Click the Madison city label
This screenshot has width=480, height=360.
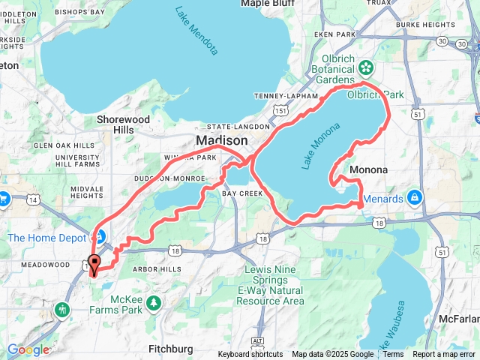tap(221, 141)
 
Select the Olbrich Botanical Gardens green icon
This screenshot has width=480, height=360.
tap(366, 67)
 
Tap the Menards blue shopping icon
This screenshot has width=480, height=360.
tap(414, 199)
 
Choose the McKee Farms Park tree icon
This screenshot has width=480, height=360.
tap(154, 302)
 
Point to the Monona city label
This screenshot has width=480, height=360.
tap(369, 170)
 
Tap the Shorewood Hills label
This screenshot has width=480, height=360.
tap(123, 124)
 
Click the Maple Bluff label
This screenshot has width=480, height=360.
tap(265, 4)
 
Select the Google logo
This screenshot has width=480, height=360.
tap(28, 349)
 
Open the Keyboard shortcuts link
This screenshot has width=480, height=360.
tap(250, 355)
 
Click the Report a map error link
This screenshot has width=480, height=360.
tap(443, 355)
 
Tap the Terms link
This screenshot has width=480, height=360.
tap(393, 355)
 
